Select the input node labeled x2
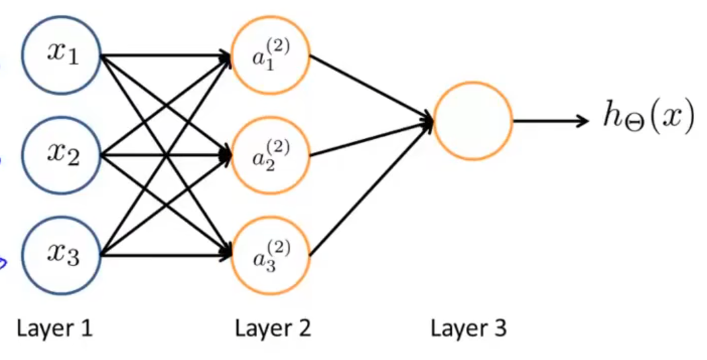(x=61, y=156)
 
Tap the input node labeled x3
(x=61, y=256)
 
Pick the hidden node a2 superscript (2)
(x=270, y=156)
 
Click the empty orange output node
(x=473, y=121)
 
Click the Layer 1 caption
(x=54, y=328)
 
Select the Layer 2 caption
(x=273, y=328)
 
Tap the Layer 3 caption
(x=469, y=328)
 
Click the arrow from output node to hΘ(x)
(x=551, y=121)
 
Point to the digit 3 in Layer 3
(x=500, y=328)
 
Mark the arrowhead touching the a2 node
(x=225, y=156)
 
